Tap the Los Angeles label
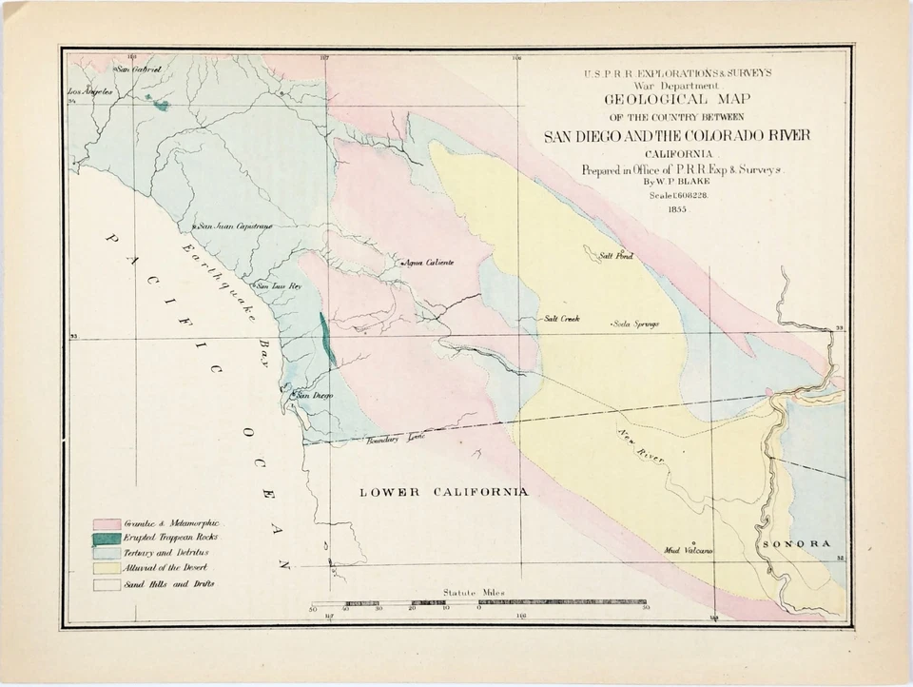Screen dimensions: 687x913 coord(91,92)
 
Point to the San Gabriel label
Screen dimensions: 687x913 coord(139,69)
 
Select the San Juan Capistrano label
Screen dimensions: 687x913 coord(235,226)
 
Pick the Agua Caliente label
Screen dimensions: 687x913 coord(428,262)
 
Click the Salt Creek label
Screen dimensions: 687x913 coord(562,319)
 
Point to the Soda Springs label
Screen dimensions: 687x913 coord(636,324)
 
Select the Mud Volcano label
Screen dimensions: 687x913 coord(689,550)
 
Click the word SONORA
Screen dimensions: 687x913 coord(797,543)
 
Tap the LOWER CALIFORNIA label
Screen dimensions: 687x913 coord(443,492)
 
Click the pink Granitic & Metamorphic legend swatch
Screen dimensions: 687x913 coord(107,524)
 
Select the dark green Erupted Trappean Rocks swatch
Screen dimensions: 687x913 coord(107,539)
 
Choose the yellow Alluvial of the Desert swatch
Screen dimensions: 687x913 coord(107,568)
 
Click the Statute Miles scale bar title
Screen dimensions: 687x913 coord(472,593)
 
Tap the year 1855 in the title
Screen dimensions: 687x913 coord(676,208)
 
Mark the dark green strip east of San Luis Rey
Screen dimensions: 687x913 coord(327,340)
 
